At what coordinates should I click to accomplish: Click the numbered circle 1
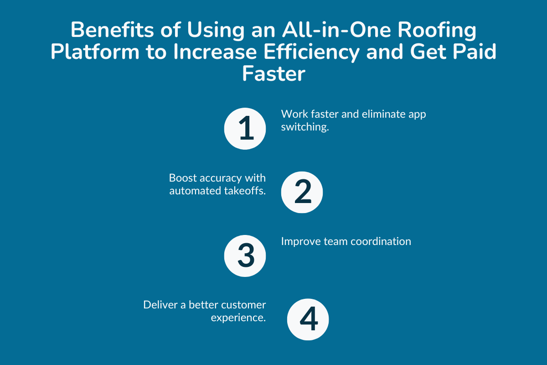[245, 129]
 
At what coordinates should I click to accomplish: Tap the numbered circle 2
[302, 193]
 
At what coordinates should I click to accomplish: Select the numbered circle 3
[245, 255]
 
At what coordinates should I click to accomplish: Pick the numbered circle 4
[308, 319]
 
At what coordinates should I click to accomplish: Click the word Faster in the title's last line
[273, 73]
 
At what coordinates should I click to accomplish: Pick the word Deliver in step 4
[160, 304]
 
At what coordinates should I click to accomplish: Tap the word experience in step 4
[238, 318]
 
